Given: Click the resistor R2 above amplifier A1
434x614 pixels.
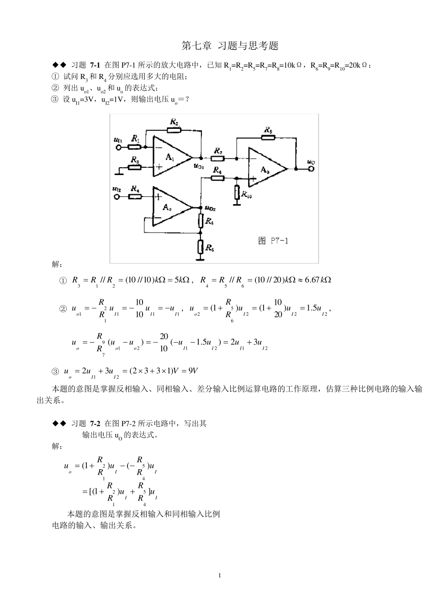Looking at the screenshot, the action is (x=174, y=130).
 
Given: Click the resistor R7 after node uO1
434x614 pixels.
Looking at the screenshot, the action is (x=217, y=158).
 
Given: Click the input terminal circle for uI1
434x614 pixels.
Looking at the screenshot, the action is (x=119, y=147).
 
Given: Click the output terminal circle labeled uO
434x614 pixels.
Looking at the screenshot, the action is (x=312, y=169).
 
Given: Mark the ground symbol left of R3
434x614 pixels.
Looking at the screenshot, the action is (x=120, y=172).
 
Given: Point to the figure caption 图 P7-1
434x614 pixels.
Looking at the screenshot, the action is (x=273, y=241).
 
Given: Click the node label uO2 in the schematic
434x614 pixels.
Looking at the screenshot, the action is (x=210, y=208).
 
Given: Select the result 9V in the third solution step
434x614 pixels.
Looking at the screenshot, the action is (x=196, y=371).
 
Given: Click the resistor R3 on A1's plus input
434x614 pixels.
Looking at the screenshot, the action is (x=135, y=167).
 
